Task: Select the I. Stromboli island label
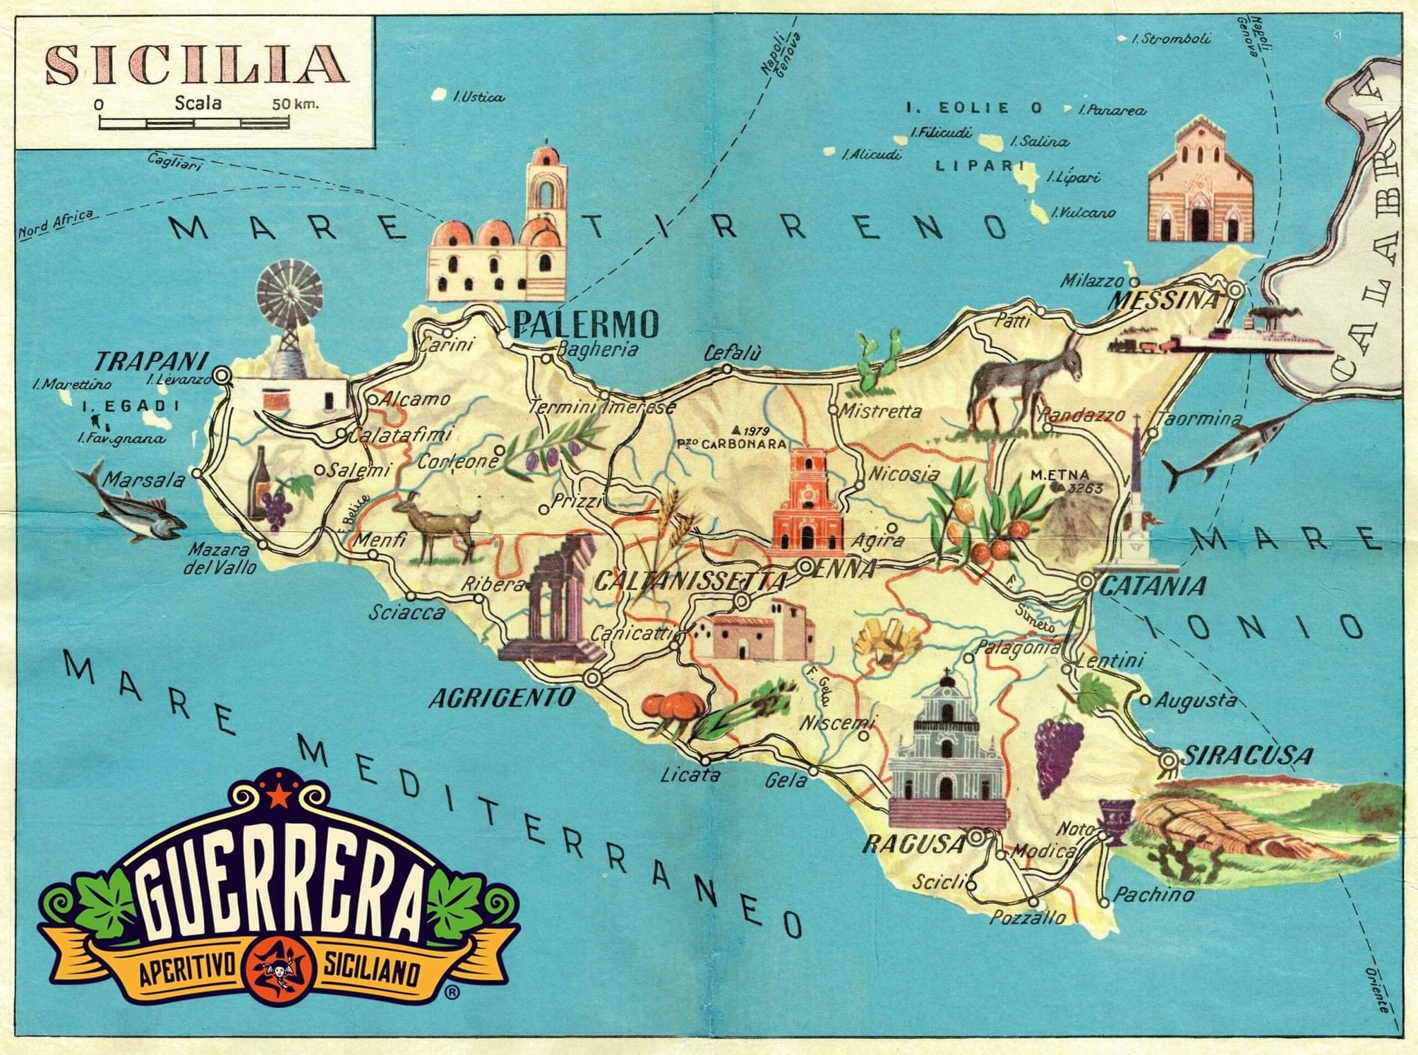(x=1170, y=39)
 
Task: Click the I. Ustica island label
(x=478, y=98)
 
